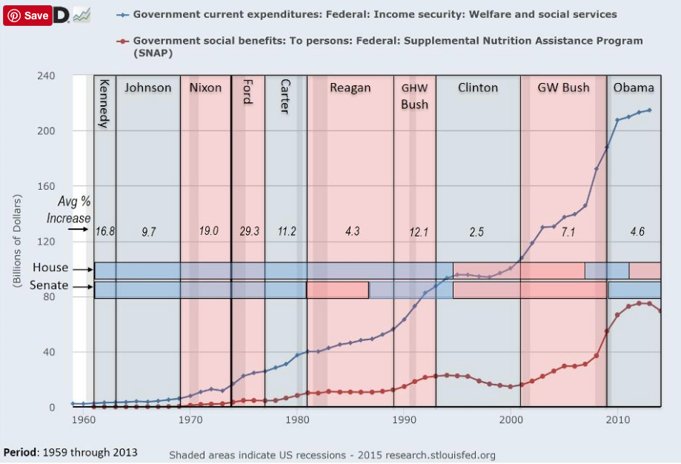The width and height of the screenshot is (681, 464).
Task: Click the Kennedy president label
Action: click(104, 103)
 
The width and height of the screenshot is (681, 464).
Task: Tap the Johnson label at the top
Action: click(147, 87)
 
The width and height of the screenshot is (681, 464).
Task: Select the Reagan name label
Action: click(350, 87)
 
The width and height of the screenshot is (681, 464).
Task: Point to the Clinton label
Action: click(478, 87)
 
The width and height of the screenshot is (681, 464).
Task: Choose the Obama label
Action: click(634, 87)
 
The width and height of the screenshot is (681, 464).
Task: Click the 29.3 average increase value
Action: click(249, 231)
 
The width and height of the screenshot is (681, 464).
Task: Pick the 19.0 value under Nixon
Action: click(209, 231)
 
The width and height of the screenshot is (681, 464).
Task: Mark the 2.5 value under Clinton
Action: click(476, 231)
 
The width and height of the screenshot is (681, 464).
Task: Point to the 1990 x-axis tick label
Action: click(405, 420)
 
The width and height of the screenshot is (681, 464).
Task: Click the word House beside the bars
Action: click(50, 268)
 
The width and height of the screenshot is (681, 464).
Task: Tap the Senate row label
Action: click(49, 285)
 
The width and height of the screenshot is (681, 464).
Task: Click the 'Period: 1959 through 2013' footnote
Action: click(70, 451)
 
